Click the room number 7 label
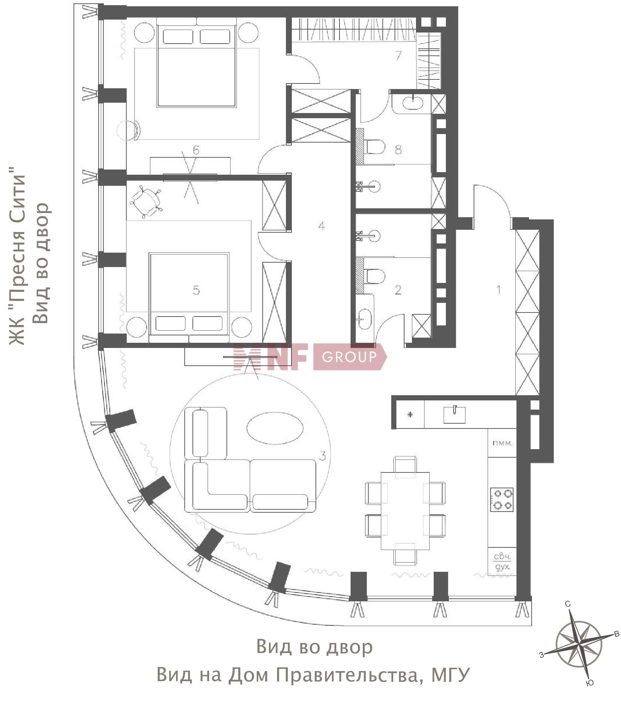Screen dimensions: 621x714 point(398,55)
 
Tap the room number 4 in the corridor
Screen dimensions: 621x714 point(322,226)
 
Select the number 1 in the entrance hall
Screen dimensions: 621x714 point(498,290)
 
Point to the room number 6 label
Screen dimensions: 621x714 point(196,150)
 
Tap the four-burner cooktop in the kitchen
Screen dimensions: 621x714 point(502,499)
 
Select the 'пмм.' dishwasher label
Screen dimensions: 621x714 point(502,443)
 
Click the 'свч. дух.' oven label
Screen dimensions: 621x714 point(502,562)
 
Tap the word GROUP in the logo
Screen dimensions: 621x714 point(349,356)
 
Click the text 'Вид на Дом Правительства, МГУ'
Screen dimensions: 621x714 point(313,674)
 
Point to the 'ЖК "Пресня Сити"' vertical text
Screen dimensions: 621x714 point(18,256)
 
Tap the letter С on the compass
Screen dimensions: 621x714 point(568,604)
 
